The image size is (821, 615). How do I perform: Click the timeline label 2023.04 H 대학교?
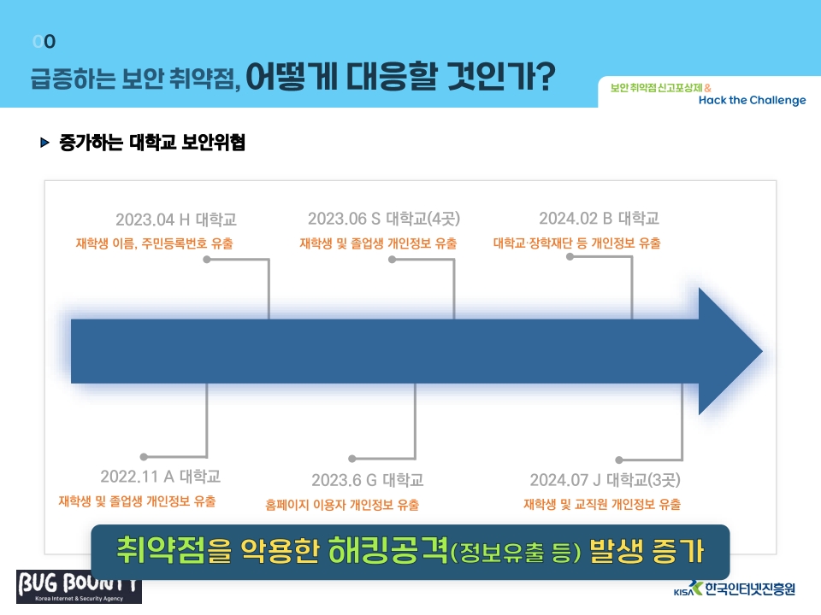point(176,220)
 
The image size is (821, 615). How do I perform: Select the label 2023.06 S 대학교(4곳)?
point(384,218)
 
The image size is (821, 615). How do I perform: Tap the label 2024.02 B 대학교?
point(599,218)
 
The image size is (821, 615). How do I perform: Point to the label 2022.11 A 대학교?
point(160,477)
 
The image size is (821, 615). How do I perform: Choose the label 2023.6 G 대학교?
point(367,479)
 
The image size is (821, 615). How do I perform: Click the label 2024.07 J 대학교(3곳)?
point(605,479)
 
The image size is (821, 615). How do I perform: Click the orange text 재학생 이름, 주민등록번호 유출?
point(154,243)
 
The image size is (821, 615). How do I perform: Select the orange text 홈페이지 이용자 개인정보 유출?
point(342,505)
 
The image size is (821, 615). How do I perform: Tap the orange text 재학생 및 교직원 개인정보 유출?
point(602,504)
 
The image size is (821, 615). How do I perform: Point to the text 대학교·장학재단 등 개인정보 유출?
point(576,243)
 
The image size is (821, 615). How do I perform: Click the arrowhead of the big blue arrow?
point(730,351)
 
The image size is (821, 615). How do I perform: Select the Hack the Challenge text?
point(752,100)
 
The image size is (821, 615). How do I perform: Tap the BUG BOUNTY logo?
point(79,587)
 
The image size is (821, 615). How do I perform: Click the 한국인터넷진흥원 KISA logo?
point(734,589)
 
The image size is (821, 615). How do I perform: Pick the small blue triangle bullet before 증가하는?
point(44,143)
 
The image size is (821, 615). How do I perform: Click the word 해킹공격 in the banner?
point(388,551)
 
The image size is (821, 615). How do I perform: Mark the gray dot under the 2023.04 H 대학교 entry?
point(207,260)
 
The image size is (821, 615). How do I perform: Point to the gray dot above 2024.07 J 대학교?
point(619,460)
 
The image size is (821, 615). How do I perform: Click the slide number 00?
point(44,41)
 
